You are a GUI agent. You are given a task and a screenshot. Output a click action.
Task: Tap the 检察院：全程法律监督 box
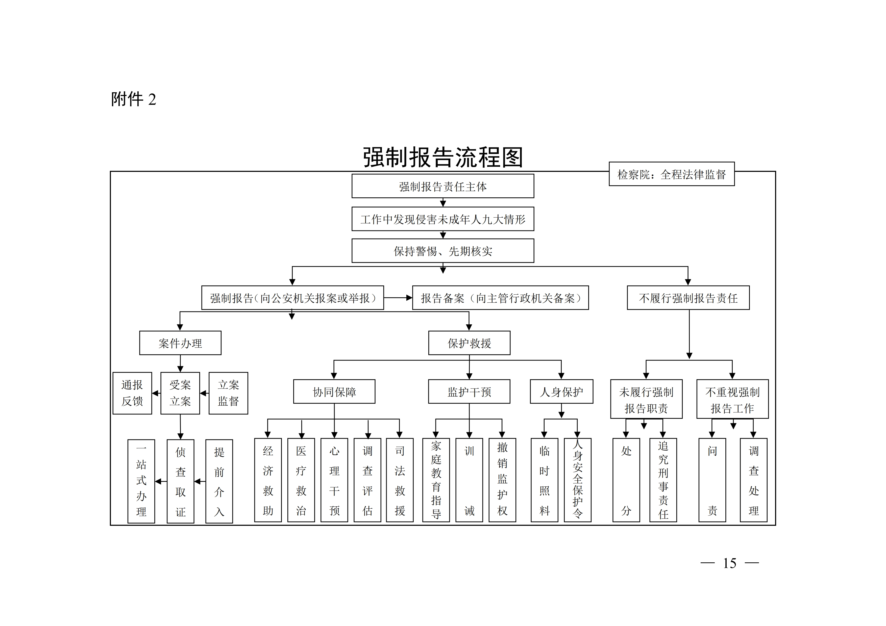coord(672,174)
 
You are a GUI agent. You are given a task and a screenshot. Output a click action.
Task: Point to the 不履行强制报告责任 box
coord(688,298)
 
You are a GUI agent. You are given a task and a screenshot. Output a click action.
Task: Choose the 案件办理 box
coord(180,343)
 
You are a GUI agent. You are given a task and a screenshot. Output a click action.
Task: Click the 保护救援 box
coord(469,343)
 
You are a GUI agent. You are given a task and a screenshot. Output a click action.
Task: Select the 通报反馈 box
coord(132,393)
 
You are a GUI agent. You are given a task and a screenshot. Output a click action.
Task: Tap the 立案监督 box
coord(229,393)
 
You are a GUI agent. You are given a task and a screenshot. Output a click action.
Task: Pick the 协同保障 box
coord(334,392)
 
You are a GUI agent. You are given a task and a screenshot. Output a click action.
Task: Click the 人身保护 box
coord(561,392)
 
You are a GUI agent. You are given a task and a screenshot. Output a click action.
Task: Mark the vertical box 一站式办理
coord(141,481)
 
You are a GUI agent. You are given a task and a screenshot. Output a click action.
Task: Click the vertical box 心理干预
coord(334,480)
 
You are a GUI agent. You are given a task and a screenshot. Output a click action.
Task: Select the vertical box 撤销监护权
coord(502,480)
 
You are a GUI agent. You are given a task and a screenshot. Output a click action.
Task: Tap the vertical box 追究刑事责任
coord(663,480)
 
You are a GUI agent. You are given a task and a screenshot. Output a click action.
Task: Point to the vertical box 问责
coord(712,480)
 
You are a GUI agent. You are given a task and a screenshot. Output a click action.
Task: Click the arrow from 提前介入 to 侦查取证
coord(200,481)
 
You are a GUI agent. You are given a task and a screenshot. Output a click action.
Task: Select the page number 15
coord(729,563)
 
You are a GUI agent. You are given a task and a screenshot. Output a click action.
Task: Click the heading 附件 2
coord(134,99)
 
